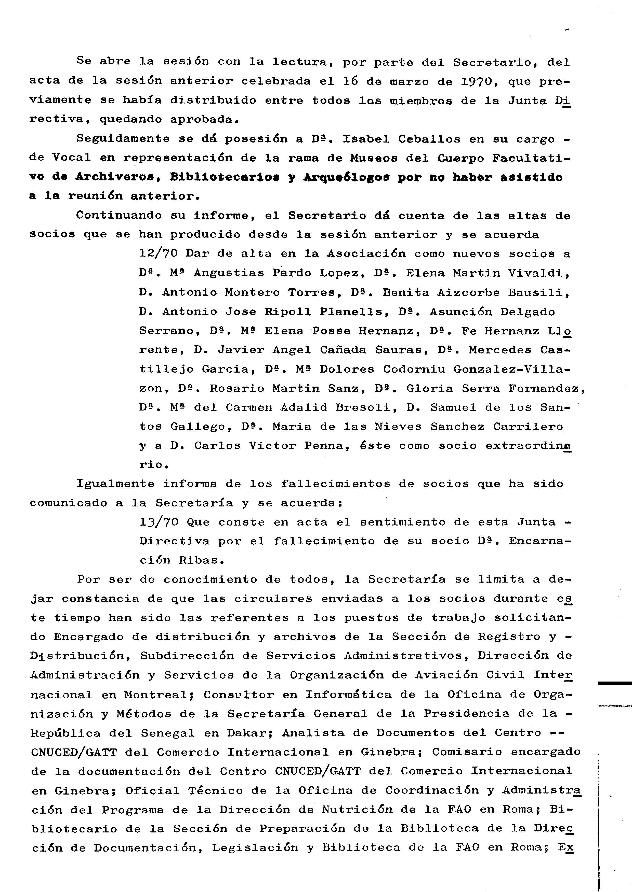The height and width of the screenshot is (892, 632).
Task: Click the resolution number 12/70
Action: pyautogui.click(x=159, y=254)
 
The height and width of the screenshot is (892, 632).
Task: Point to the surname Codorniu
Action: pyautogui.click(x=414, y=369)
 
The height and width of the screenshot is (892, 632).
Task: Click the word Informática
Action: pyautogui.click(x=348, y=695)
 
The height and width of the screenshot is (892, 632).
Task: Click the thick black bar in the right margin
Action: pyautogui.click(x=615, y=683)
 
